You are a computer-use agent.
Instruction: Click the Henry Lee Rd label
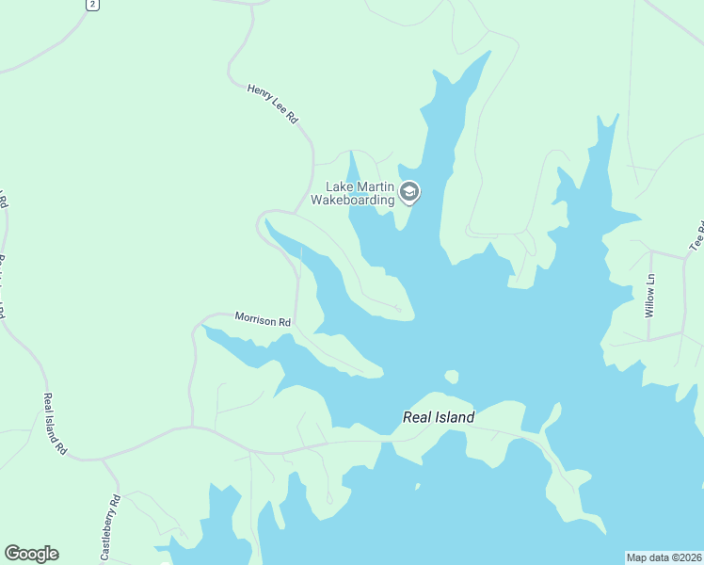pyautogui.click(x=272, y=104)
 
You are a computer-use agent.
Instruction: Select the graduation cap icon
pyautogui.click(x=408, y=193)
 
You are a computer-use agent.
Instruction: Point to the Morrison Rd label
pyautogui.click(x=263, y=320)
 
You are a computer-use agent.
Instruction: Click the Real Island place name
pyautogui.click(x=439, y=417)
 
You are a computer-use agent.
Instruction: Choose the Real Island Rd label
pyautogui.click(x=55, y=425)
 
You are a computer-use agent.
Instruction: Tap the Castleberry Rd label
pyautogui.click(x=110, y=528)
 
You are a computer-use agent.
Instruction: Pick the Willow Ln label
pyautogui.click(x=649, y=296)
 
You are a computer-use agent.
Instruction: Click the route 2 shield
pyautogui.click(x=91, y=5)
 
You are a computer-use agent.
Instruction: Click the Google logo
pyautogui.click(x=31, y=554)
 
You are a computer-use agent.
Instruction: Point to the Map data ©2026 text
pyautogui.click(x=664, y=557)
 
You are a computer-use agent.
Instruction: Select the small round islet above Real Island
pyautogui.click(x=451, y=377)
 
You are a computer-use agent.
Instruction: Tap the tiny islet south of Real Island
pyautogui.click(x=417, y=487)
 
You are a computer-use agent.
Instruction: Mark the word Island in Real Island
pyautogui.click(x=455, y=417)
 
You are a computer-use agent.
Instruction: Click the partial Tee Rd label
pyautogui.click(x=697, y=234)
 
